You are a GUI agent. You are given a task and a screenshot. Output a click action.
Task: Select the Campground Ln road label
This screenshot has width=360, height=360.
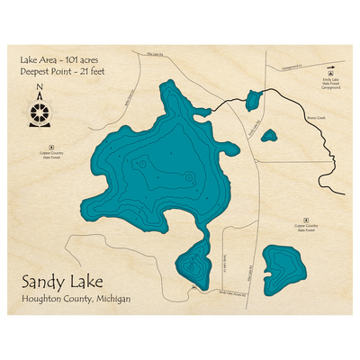pos(292,67)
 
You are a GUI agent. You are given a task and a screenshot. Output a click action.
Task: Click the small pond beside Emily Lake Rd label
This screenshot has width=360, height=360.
pos(268,136)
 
